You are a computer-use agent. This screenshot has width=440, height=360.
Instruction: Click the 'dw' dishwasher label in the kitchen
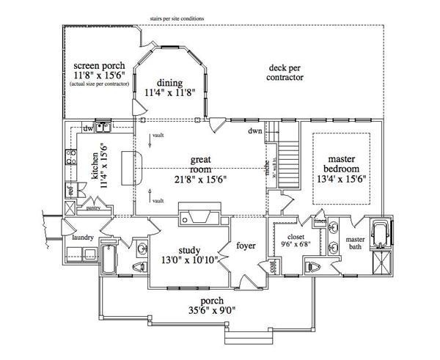87,128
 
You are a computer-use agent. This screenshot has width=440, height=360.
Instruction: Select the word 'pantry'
93,207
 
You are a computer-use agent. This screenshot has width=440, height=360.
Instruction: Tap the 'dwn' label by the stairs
254,131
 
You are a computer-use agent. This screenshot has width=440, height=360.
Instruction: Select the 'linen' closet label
320,221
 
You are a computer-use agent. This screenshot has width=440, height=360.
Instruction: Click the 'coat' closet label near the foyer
273,268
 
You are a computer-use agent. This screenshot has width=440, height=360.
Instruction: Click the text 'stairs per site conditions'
177,18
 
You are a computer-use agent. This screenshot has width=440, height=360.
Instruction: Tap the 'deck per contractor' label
284,72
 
